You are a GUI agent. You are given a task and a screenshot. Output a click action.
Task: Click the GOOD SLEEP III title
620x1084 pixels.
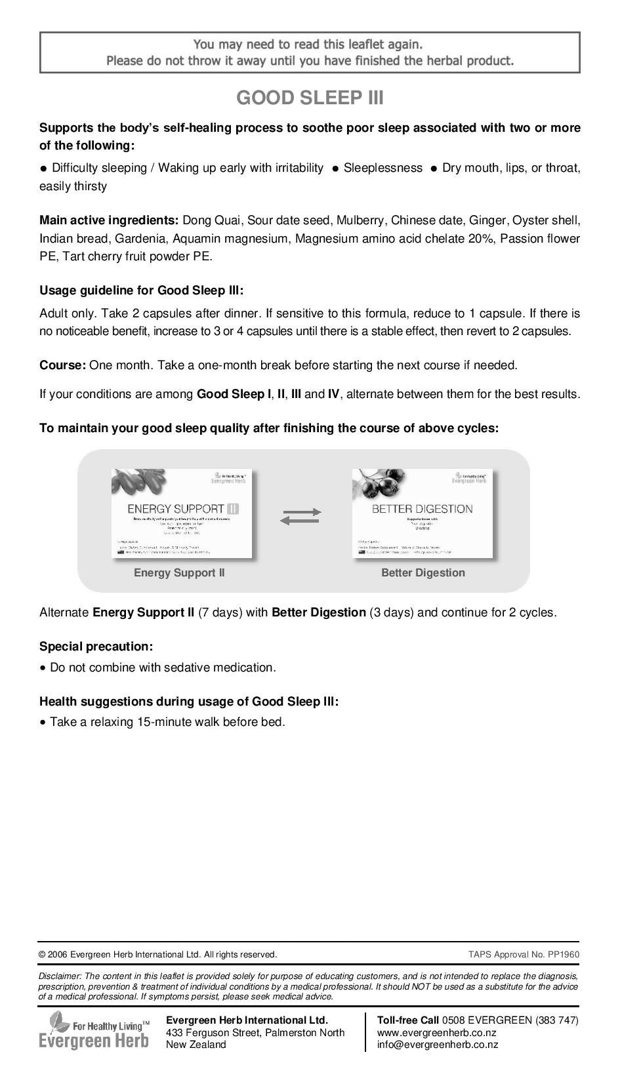point(310,98)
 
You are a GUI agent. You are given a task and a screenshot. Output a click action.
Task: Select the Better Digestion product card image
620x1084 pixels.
point(423,513)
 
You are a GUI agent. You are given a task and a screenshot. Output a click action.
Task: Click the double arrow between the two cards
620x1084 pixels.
point(300,516)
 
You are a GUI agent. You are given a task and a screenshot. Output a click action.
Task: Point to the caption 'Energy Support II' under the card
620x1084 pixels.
point(179,572)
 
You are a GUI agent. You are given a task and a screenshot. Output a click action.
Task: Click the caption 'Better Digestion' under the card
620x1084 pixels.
point(423,572)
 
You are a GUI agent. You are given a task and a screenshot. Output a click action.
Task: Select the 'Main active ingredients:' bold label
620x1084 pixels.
point(109,220)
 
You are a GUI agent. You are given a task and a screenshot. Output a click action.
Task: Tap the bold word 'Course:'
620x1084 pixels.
point(62,365)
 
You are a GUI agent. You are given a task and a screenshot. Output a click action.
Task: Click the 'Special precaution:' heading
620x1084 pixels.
point(96,647)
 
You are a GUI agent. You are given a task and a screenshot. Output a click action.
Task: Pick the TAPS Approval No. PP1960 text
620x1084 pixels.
point(524,955)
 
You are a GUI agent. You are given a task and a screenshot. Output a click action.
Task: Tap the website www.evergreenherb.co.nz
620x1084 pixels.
point(436,1033)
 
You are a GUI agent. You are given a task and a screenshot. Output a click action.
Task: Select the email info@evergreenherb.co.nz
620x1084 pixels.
point(437,1045)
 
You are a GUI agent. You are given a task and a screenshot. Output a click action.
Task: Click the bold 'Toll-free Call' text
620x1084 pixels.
point(408,1020)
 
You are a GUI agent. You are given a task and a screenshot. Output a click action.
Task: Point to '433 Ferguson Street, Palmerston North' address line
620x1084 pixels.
point(255,1033)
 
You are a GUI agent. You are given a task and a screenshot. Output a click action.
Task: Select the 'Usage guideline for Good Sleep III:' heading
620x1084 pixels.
point(141,291)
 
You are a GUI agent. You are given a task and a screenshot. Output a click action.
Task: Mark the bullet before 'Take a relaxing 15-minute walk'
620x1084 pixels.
point(43,723)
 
